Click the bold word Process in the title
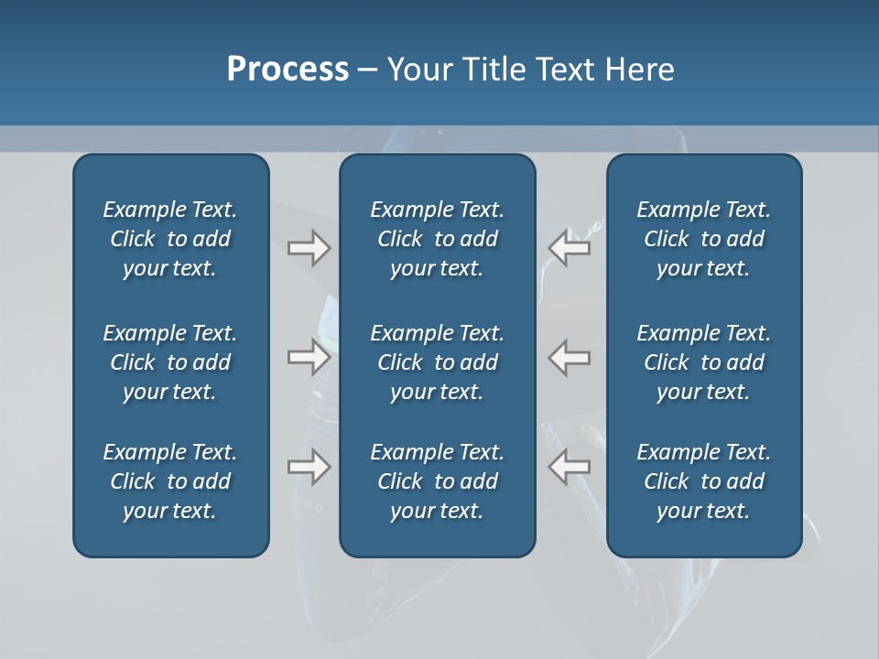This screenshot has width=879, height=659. click(288, 70)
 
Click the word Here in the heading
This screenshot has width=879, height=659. click(640, 70)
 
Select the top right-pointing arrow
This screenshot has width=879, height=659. click(309, 248)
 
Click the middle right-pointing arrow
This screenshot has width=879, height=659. click(309, 357)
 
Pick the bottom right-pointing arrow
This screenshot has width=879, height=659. click(309, 467)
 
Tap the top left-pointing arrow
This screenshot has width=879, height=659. click(569, 248)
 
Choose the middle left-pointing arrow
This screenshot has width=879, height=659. click(569, 357)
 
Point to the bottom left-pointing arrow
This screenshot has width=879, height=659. click(569, 467)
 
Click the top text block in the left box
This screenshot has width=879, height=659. click(170, 239)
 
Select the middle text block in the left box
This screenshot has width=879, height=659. click(170, 362)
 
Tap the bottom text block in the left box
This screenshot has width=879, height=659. click(170, 481)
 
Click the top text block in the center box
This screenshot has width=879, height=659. click(437, 239)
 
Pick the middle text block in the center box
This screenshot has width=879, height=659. click(437, 362)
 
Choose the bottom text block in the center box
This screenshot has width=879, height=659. click(437, 481)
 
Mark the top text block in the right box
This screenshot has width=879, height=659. click(703, 239)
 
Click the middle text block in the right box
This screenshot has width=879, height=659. click(703, 362)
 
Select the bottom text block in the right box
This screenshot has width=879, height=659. click(703, 481)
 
